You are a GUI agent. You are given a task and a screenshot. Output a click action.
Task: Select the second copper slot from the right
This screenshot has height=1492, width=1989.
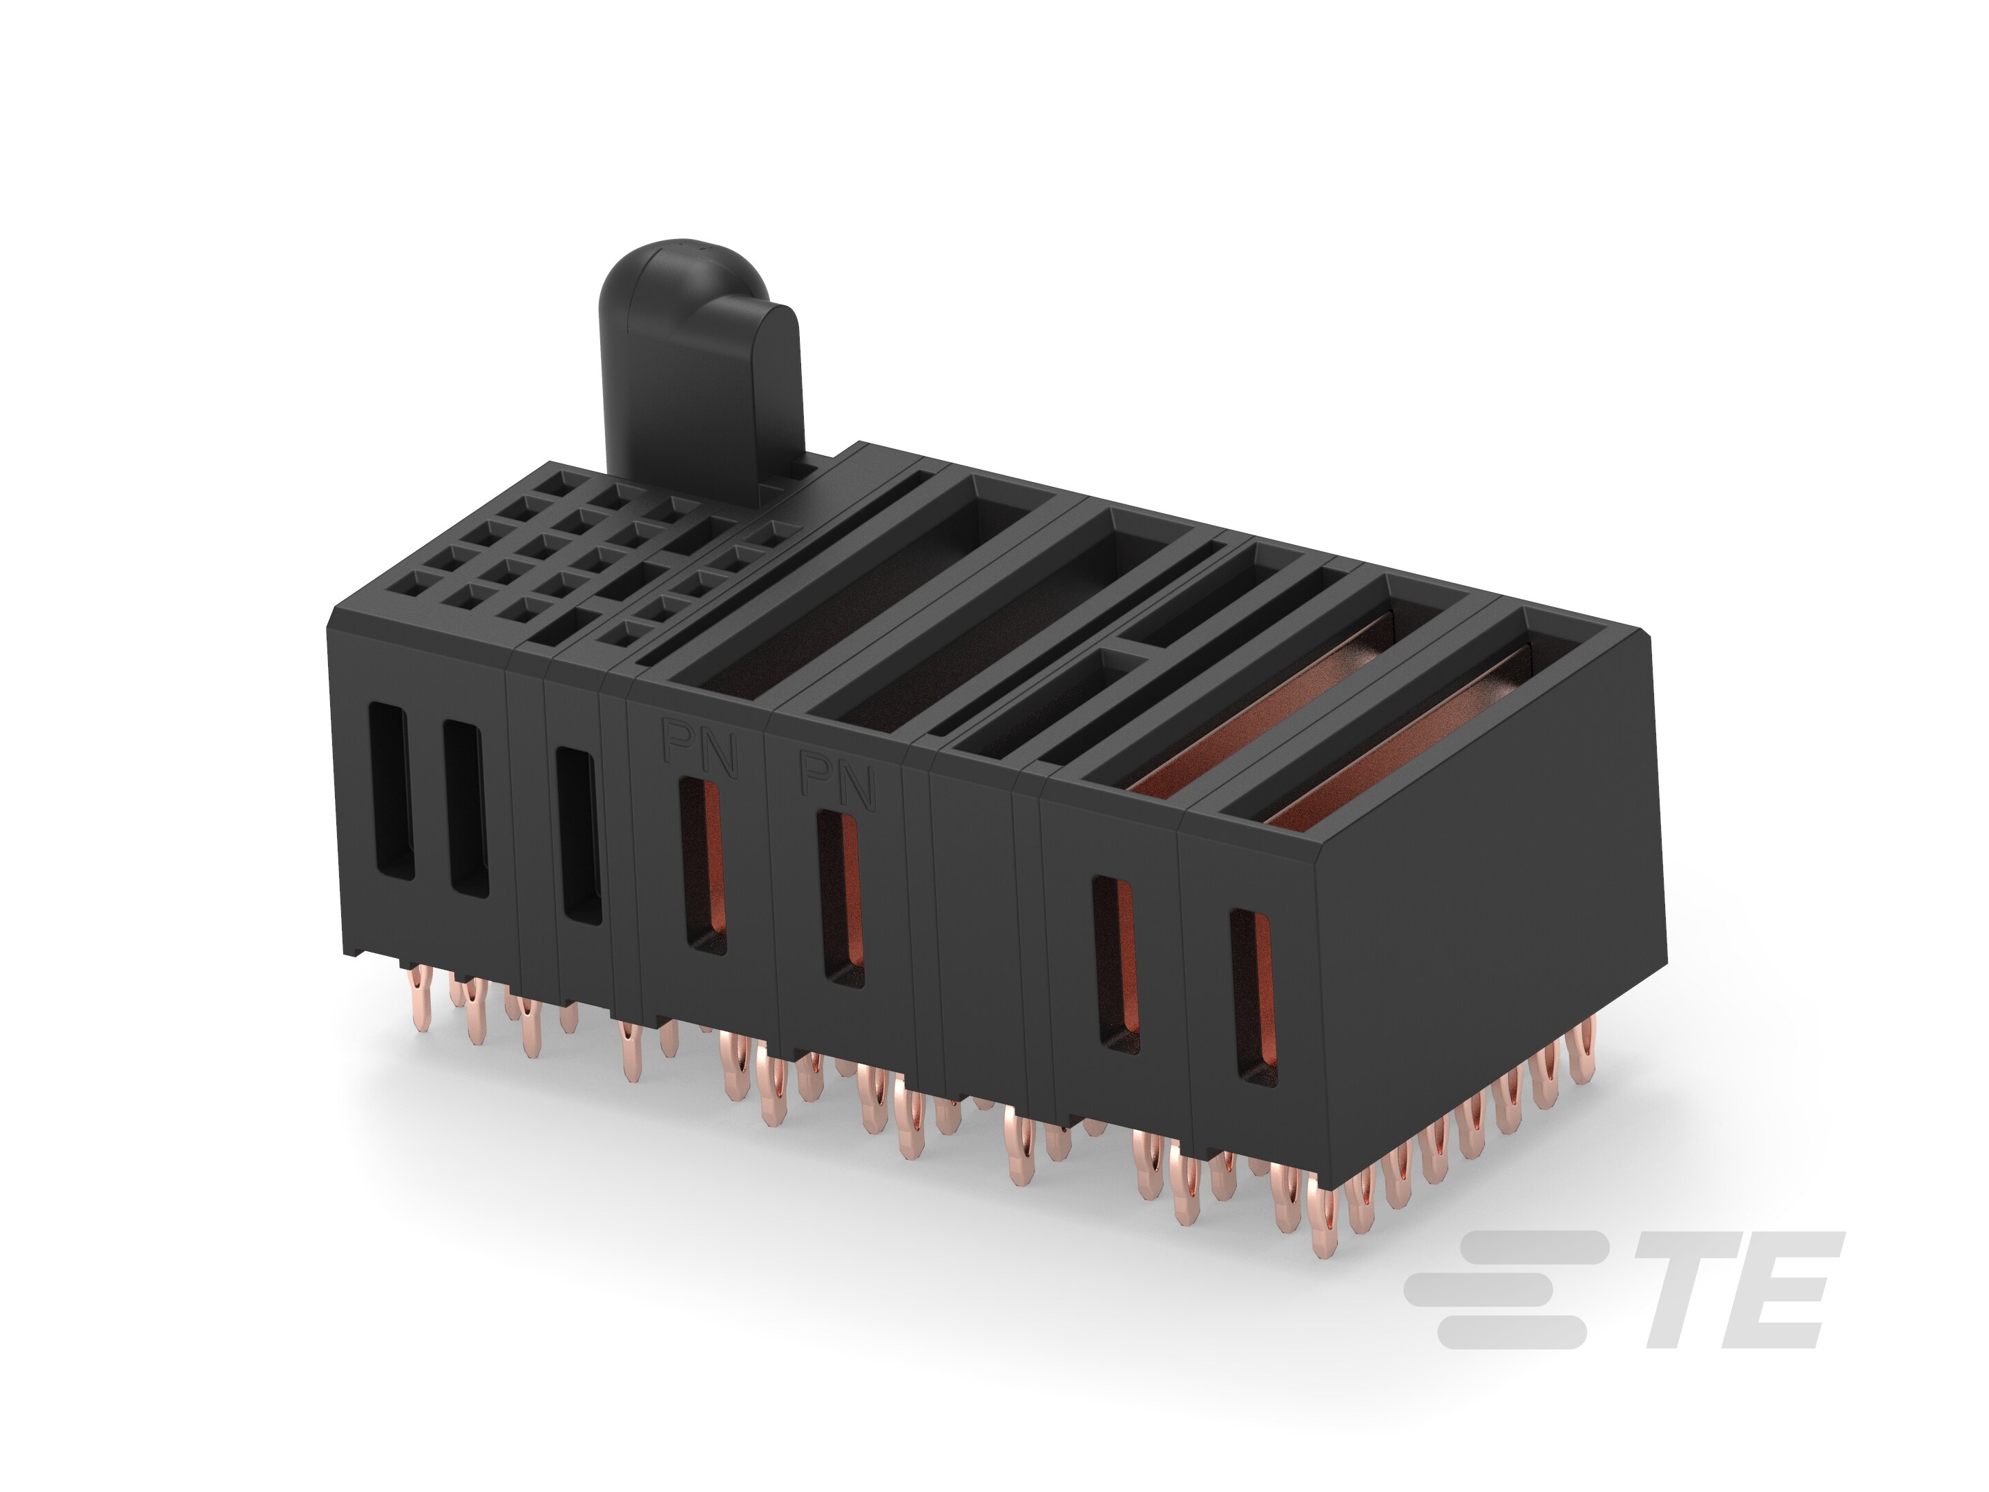(1115, 963)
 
